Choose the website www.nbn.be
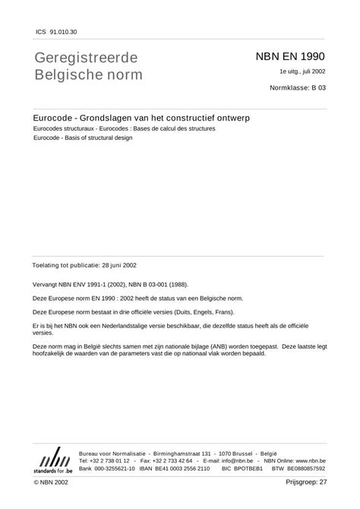(x=308, y=460)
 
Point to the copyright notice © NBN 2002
(x=51, y=482)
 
